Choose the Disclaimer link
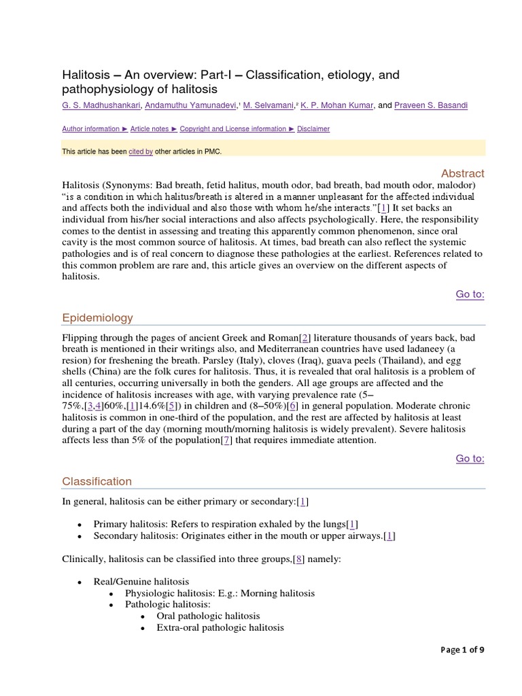coord(313,129)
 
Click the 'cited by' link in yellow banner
coord(141,152)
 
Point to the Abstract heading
coord(462,173)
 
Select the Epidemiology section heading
coord(98,317)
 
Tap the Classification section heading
coord(97,481)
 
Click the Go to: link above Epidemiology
coord(470,294)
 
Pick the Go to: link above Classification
coord(470,459)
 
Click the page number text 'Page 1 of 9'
coord(462,650)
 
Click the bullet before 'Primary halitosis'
coord(80,524)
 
